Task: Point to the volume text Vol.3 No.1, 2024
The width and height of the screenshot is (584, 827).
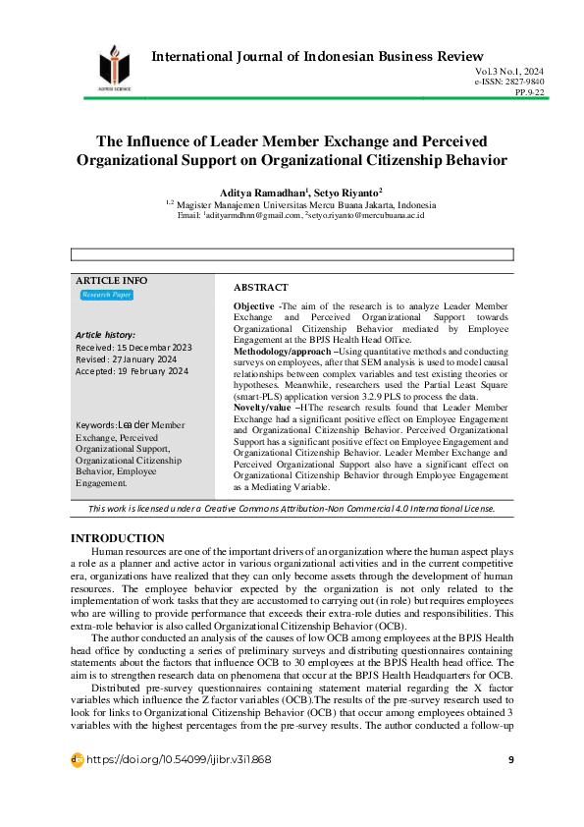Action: [x=509, y=73]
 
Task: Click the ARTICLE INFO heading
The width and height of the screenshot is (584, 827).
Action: [x=112, y=280]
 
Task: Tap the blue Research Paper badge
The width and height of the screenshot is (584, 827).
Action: [x=106, y=295]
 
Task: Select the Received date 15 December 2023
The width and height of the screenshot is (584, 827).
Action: [x=133, y=348]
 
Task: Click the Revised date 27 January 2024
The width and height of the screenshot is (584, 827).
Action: [x=128, y=359]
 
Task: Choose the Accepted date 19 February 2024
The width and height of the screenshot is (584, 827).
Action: [x=132, y=371]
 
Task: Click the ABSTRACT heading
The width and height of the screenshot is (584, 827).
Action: [x=261, y=287]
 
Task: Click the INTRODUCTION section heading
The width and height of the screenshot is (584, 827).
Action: [x=118, y=538]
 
